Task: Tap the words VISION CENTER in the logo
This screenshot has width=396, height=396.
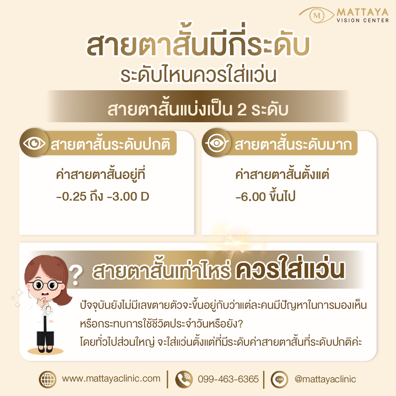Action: pos(362,21)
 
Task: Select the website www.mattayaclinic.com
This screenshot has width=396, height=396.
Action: pos(111,378)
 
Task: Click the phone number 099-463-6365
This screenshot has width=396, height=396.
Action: pos(228,379)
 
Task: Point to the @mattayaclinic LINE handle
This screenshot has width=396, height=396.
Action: pos(325,379)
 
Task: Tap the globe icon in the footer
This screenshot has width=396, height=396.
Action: pos(48,379)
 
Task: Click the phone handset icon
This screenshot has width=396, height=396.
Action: pos(184,379)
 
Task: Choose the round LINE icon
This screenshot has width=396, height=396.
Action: pos(279,379)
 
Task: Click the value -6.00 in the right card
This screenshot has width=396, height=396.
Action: pos(251,197)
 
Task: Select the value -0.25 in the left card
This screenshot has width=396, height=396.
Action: pos(71,196)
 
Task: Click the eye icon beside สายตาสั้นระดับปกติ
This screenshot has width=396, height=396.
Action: pos(34,143)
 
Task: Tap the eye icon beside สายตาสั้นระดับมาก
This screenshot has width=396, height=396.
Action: pos(216,143)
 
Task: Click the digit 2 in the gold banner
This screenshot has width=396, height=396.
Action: pos(242,110)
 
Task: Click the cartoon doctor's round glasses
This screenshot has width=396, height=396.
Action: pos(45,285)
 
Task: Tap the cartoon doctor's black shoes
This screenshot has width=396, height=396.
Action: pos(45,349)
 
